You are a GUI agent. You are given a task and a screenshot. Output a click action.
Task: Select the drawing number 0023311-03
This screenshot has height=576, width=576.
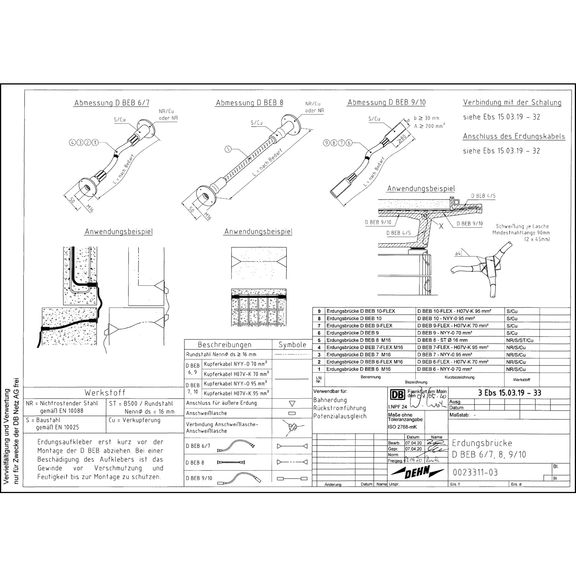pos(475,472)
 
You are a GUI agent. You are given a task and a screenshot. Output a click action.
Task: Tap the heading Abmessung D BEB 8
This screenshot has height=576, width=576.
pos(250,103)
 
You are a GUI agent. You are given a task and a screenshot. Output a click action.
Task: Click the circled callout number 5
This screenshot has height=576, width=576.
pos(228,150)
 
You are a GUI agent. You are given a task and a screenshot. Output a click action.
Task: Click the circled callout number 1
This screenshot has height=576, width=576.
pos(94,142)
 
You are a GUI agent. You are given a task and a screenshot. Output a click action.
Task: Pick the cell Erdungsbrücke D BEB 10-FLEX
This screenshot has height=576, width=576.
pos(361,311)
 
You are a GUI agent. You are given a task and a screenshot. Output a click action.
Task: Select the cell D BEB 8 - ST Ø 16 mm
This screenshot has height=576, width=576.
pos(442,340)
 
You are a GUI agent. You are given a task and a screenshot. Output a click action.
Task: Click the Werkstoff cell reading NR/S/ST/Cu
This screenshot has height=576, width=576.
pos(520,340)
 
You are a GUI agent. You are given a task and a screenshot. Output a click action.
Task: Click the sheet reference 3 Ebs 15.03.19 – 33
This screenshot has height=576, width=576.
pos(510,393)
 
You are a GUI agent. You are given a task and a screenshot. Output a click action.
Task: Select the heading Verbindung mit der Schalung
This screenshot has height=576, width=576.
pos(512,103)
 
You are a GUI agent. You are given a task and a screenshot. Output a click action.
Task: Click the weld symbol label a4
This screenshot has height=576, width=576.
pos(457,254)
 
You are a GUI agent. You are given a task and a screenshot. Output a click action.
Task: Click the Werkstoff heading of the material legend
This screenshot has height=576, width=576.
pos(105,393)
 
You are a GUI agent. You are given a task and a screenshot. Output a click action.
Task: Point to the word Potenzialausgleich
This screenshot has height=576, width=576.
pos(340,416)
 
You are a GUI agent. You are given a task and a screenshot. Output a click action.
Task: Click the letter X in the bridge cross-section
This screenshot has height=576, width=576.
pos(441,226)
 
